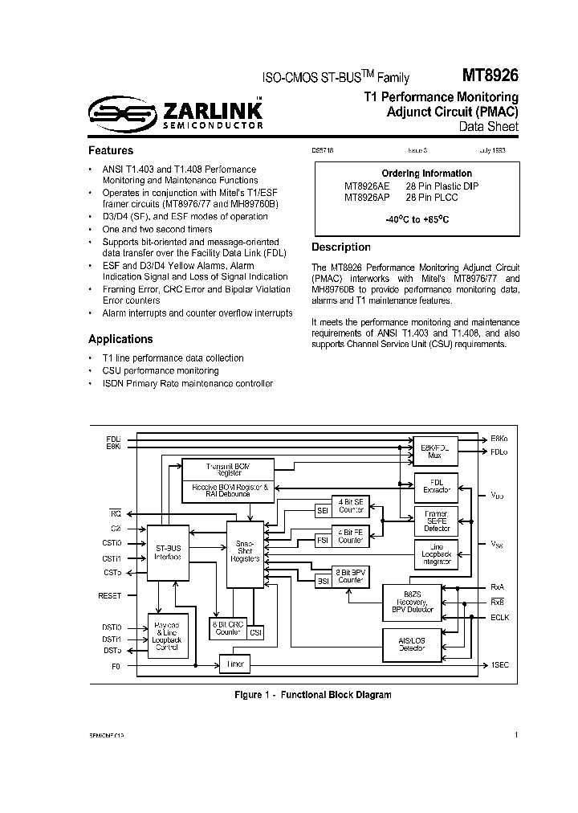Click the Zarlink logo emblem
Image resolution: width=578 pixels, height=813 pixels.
click(x=112, y=114)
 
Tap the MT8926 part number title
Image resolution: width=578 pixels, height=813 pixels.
click(x=490, y=76)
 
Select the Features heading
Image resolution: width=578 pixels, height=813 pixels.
click(x=111, y=150)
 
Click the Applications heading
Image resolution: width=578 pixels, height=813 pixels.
click(x=120, y=339)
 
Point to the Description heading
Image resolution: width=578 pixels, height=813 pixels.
click(x=341, y=247)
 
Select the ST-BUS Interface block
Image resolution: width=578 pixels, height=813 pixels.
click(x=168, y=553)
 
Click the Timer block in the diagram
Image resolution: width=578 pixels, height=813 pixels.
click(x=234, y=664)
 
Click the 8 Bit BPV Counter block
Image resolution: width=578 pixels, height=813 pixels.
click(x=350, y=575)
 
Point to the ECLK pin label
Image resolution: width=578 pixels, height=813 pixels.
click(x=500, y=618)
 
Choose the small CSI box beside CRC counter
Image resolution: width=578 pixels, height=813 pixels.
click(x=255, y=632)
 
